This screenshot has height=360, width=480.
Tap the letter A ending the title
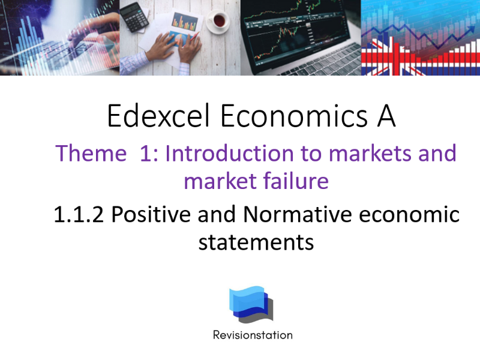(x=386, y=116)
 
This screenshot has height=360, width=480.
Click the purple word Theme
(x=91, y=154)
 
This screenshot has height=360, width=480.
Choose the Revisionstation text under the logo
(x=253, y=335)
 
